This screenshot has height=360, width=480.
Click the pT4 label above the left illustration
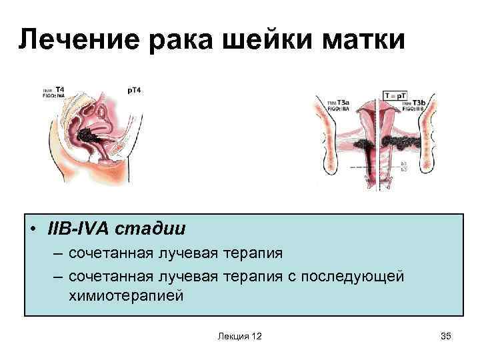[134, 90]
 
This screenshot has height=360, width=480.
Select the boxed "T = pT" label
[396, 95]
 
